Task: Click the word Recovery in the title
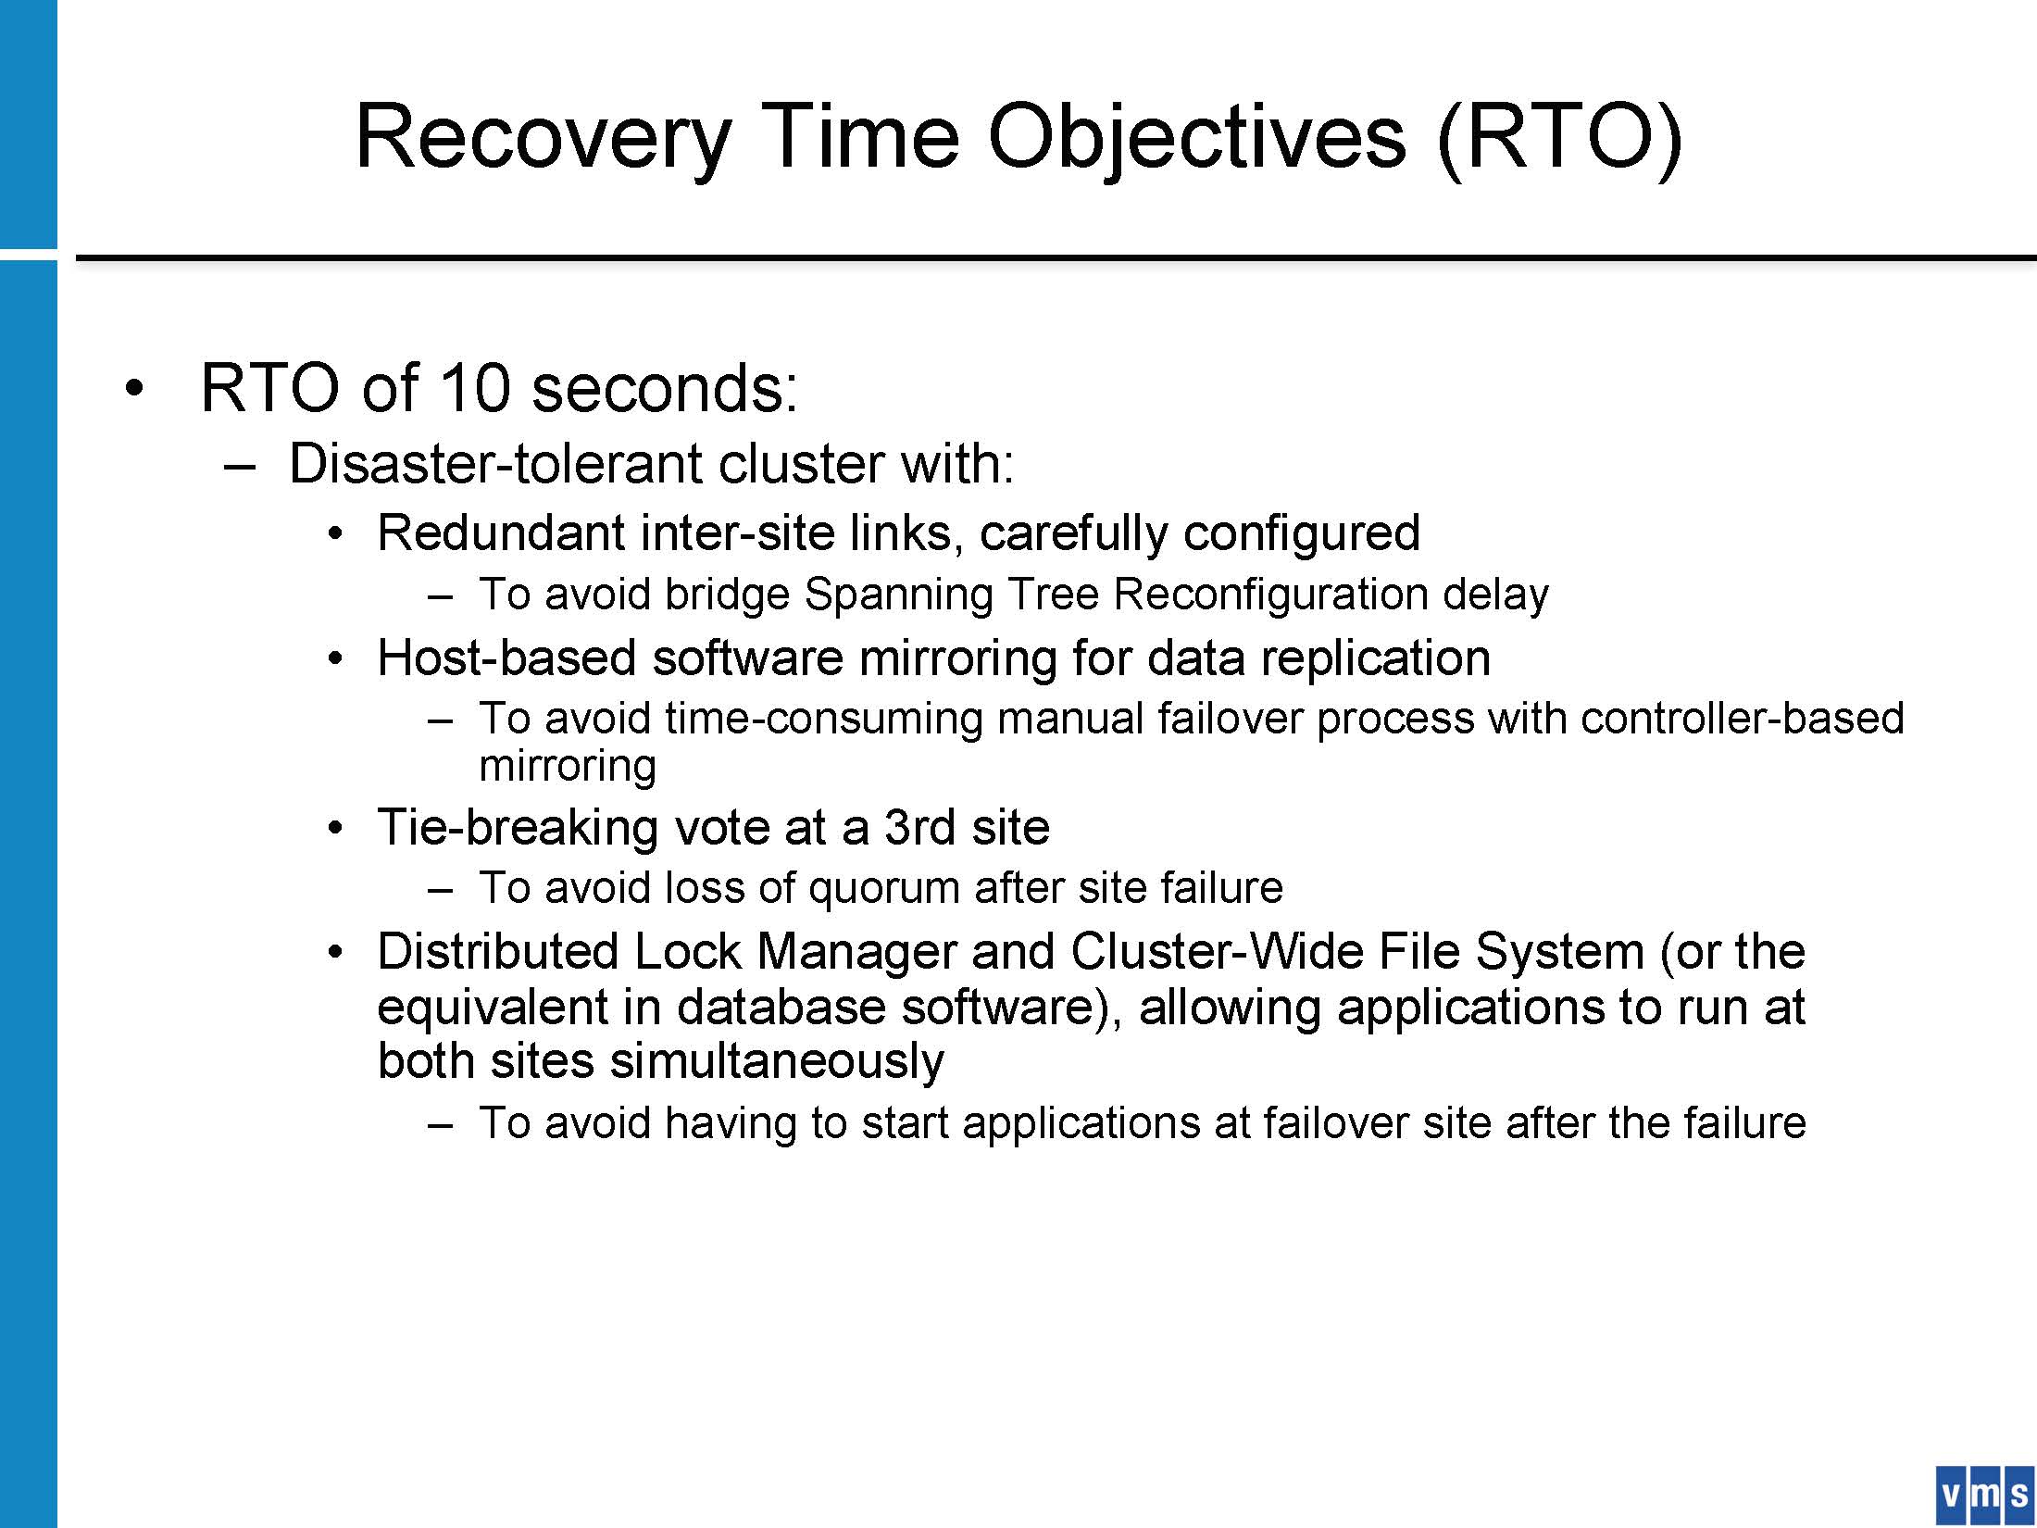coord(544,137)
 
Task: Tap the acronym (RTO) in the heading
coord(1559,137)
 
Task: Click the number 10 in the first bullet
coord(473,387)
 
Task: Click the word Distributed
coord(498,952)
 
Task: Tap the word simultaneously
coord(777,1061)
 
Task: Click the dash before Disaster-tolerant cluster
coord(239,467)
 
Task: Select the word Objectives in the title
coord(1196,137)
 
